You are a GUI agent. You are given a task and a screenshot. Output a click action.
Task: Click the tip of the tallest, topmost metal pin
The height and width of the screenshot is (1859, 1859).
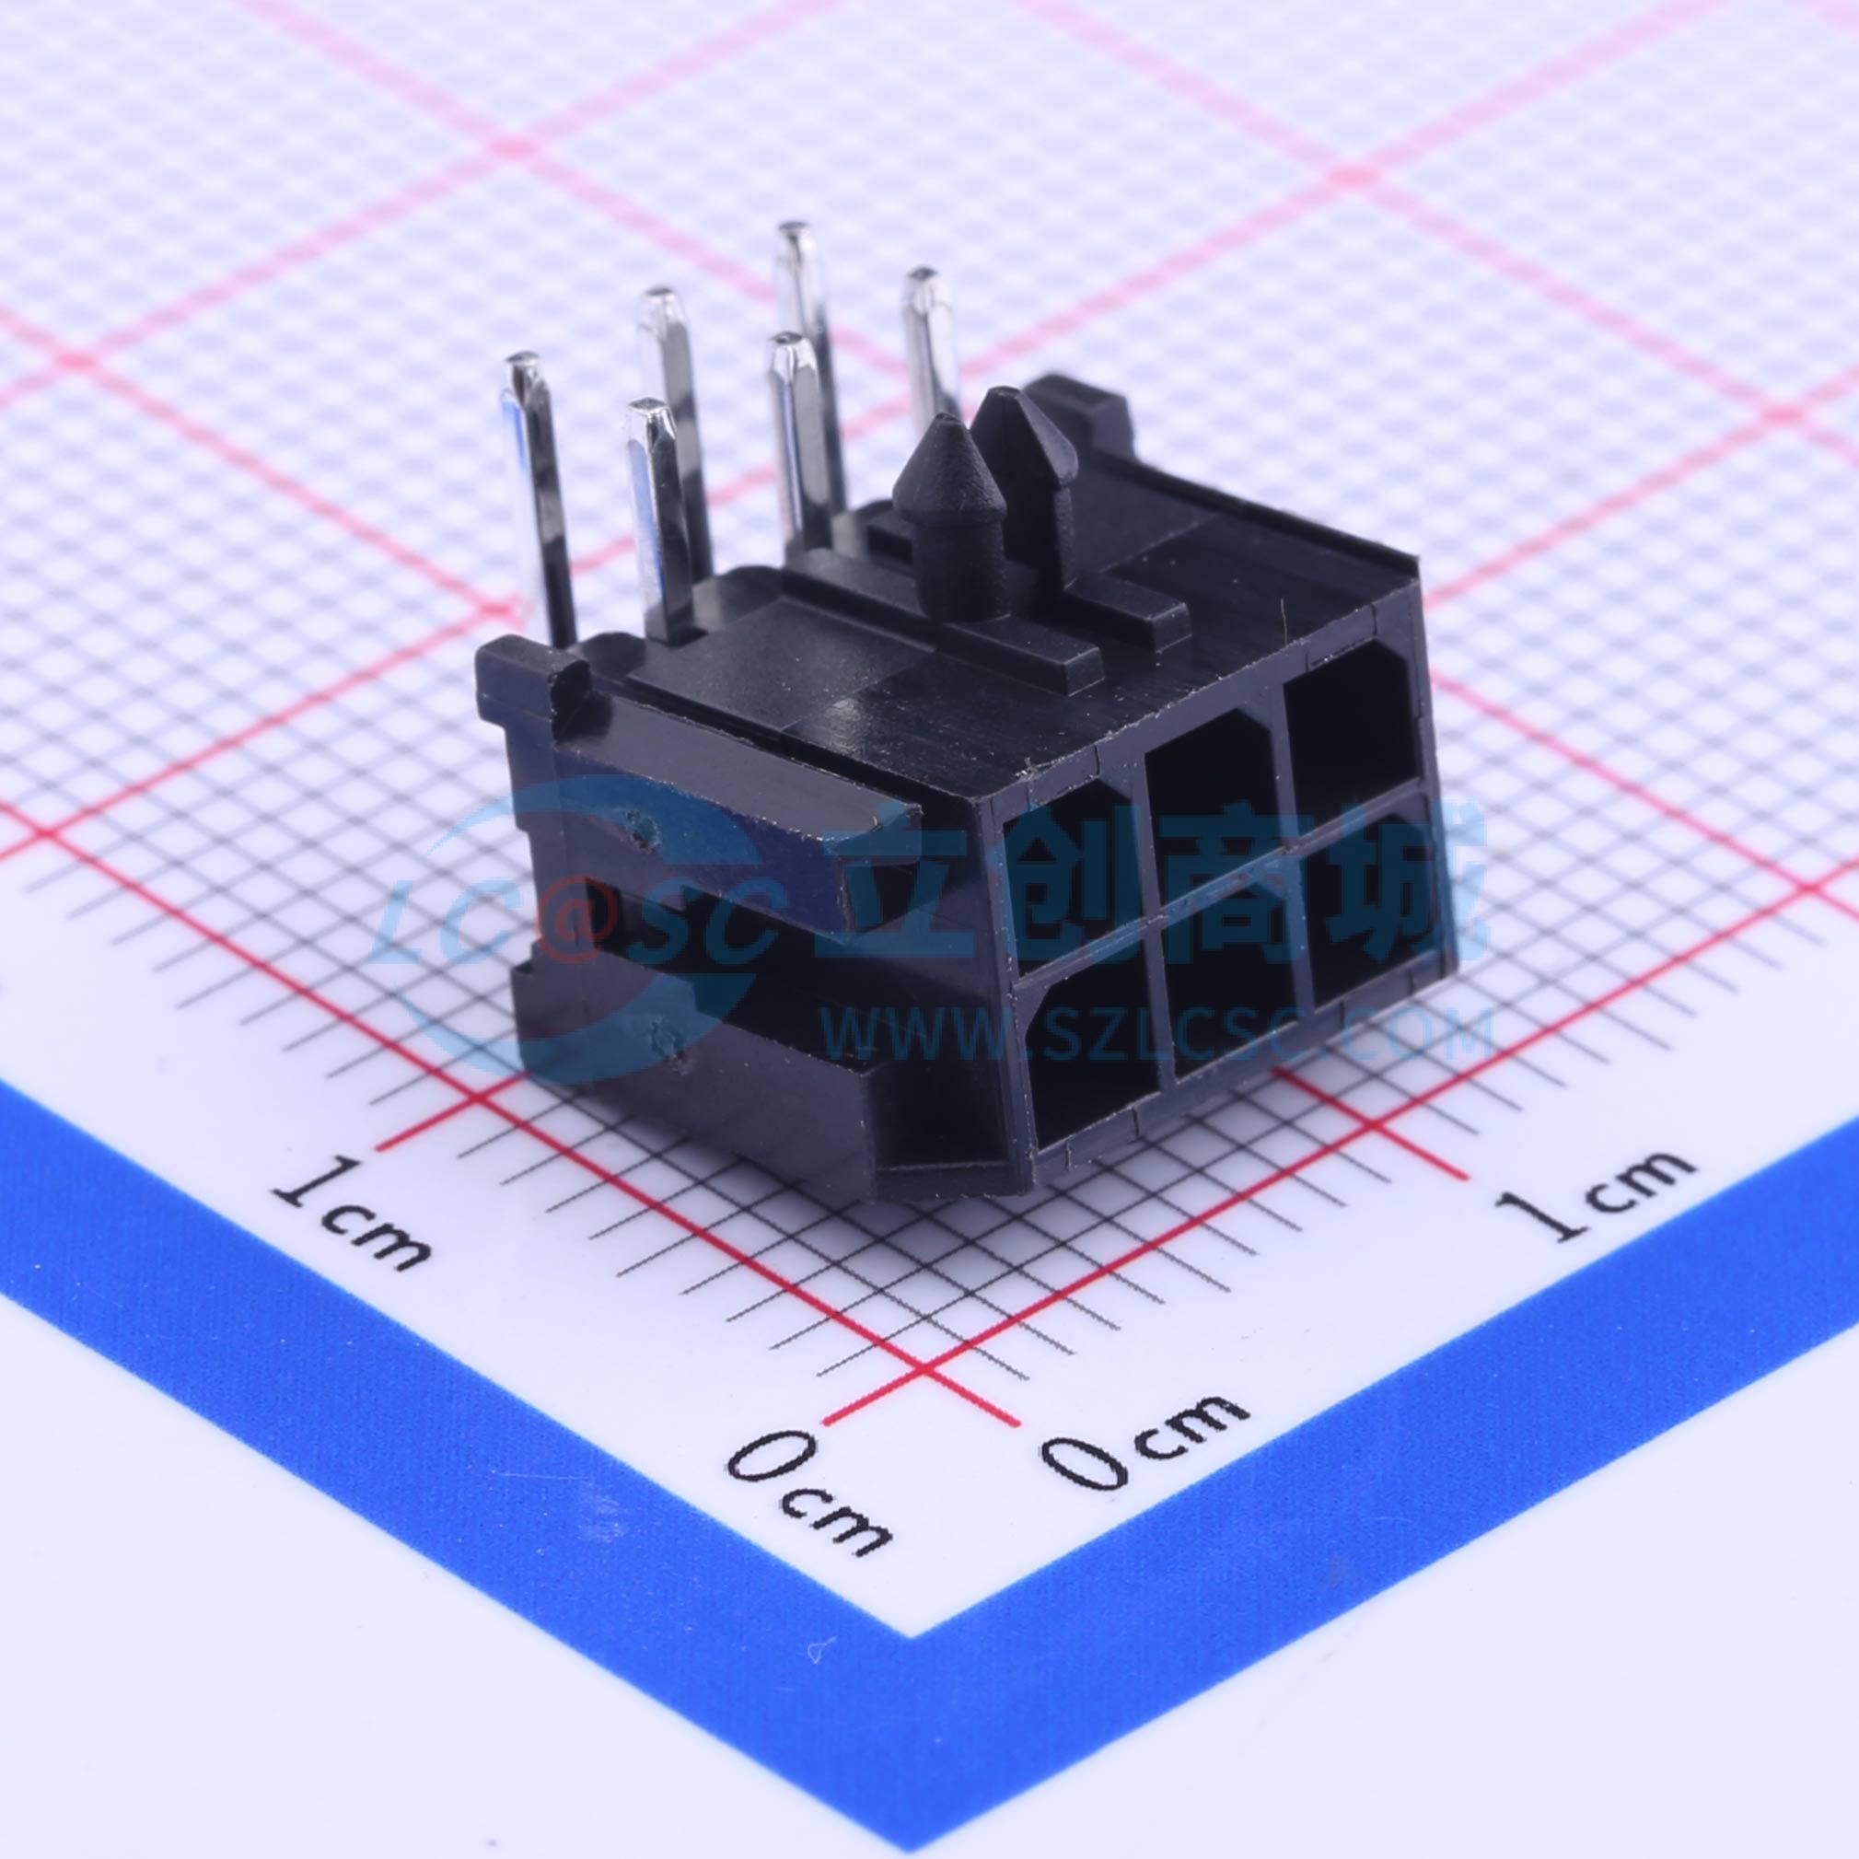(x=793, y=234)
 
